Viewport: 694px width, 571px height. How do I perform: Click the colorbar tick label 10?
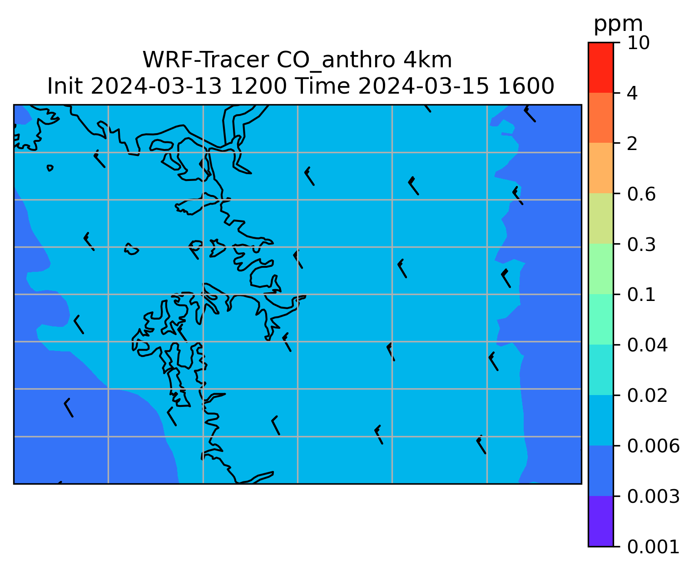[x=638, y=43]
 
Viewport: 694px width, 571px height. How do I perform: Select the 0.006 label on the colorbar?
[x=653, y=446]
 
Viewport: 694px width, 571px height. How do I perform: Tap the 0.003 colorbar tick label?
[x=653, y=496]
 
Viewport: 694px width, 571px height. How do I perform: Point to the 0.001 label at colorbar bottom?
[x=653, y=547]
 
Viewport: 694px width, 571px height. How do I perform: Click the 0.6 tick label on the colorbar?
[x=641, y=194]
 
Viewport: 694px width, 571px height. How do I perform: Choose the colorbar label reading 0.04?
[x=647, y=346]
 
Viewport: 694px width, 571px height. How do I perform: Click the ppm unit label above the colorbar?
[x=618, y=25]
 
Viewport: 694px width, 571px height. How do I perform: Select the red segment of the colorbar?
[x=600, y=67]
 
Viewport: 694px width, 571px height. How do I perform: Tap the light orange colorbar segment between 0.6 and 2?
[x=600, y=168]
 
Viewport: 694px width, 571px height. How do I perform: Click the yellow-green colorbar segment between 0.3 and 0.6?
[x=600, y=218]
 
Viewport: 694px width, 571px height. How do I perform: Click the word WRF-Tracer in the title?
[x=206, y=60]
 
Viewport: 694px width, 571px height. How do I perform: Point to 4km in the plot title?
[x=427, y=60]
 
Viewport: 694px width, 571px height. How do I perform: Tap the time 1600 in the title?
[x=526, y=86]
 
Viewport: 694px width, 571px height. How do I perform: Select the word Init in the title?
[x=65, y=86]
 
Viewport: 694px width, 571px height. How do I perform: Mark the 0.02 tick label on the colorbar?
[x=647, y=396]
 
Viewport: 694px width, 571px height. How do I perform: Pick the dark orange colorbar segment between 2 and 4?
[x=600, y=118]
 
